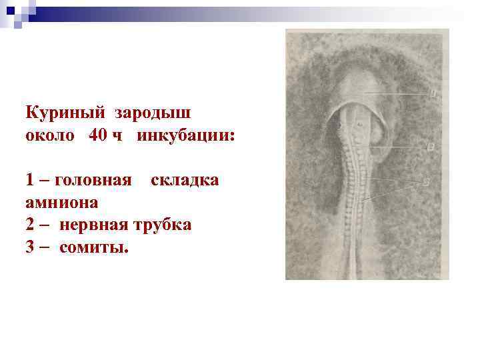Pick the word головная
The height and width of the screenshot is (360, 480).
click(x=93, y=180)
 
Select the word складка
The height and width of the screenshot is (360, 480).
click(x=185, y=180)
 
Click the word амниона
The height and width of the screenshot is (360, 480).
click(x=62, y=202)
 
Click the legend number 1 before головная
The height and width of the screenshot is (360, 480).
click(x=30, y=180)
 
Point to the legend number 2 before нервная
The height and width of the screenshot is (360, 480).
click(x=31, y=225)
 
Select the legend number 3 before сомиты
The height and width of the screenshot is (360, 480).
click(x=31, y=247)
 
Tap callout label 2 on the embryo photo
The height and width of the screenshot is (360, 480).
click(x=430, y=146)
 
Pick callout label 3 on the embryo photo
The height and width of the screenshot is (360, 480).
click(x=425, y=181)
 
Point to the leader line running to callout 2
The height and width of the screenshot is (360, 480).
click(x=400, y=147)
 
